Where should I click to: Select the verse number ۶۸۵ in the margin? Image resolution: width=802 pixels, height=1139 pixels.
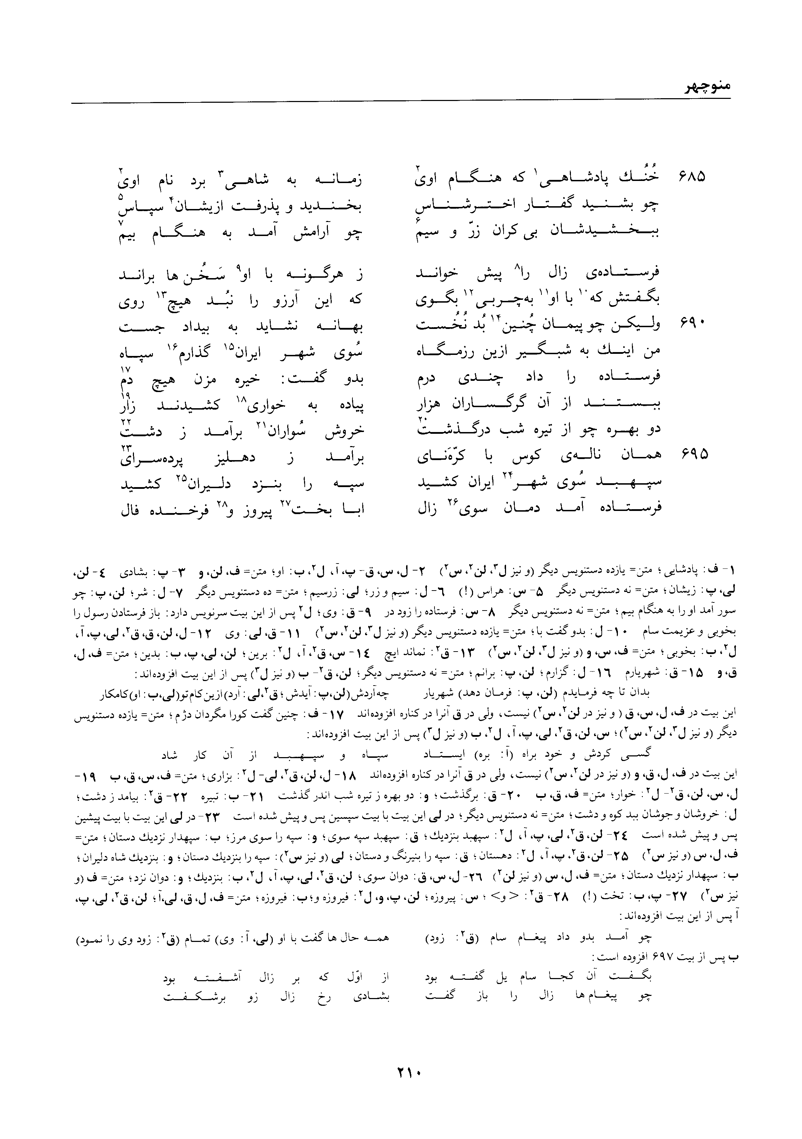pyautogui.click(x=692, y=177)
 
